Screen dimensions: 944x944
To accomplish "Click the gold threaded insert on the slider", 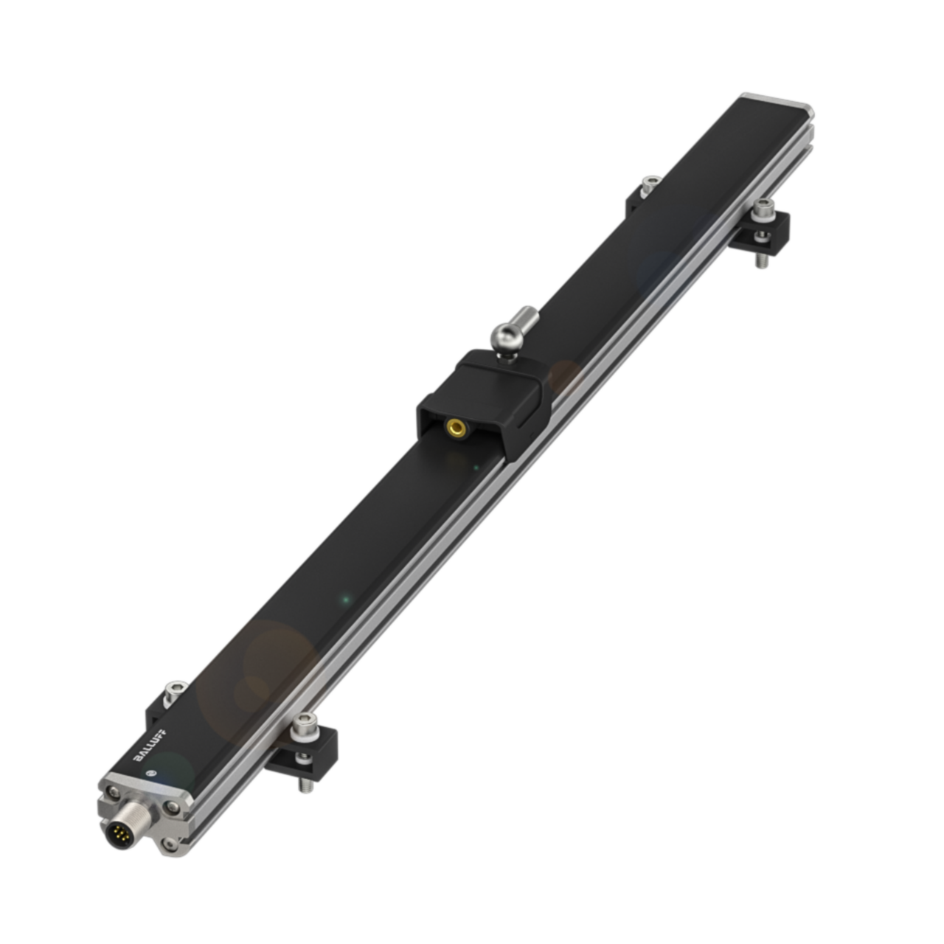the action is (x=457, y=427).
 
